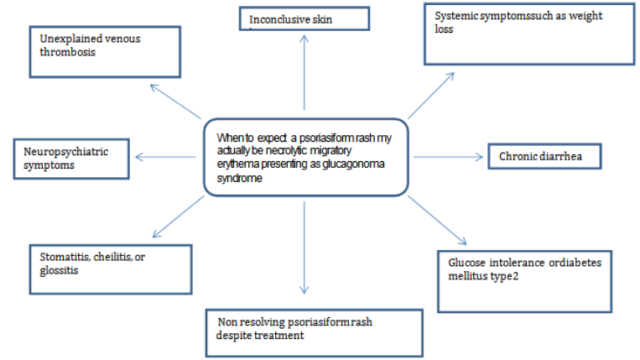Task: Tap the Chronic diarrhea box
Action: click(545, 156)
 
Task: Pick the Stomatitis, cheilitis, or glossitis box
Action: click(103, 262)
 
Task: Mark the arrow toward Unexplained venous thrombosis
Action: click(176, 101)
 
